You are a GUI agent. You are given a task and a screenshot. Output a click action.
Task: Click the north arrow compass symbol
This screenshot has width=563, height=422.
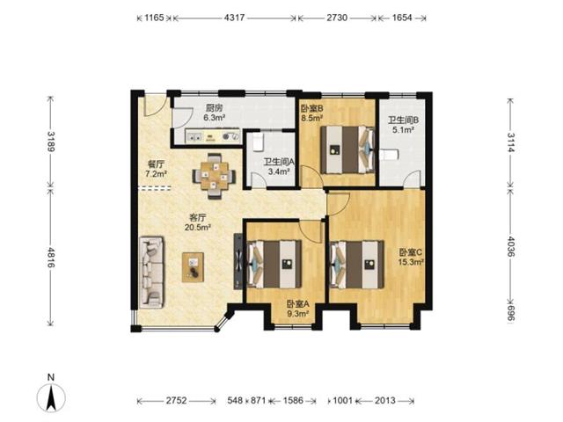[51, 397]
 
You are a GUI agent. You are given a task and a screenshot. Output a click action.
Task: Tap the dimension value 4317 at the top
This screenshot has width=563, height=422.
[234, 18]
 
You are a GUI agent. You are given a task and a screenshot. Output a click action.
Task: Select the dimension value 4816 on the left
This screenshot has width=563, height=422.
[51, 258]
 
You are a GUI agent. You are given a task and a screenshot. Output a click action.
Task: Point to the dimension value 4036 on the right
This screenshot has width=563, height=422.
[510, 246]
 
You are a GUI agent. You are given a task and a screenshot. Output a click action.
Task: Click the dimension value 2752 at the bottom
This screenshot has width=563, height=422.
[176, 401]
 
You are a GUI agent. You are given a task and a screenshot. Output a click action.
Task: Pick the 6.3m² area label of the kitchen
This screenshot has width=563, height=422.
[214, 117]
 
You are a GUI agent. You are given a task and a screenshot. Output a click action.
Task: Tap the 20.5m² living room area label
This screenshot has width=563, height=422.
[197, 227]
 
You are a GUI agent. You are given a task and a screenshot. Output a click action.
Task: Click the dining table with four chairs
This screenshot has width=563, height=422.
[215, 176]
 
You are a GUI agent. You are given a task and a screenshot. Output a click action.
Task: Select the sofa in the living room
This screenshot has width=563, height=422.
[152, 272]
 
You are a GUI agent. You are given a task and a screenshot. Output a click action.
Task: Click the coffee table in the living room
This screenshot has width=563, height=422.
[194, 267]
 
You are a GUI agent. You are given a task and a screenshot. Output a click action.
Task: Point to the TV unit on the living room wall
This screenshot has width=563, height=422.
[238, 261]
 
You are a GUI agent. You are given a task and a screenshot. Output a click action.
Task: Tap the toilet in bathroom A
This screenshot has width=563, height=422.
[258, 142]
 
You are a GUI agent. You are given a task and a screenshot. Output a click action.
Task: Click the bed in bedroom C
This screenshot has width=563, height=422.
[357, 265]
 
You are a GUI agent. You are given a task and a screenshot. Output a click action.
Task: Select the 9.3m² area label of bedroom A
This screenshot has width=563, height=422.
[298, 314]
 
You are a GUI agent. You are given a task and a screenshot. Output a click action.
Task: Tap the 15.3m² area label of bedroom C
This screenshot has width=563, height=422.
[411, 262]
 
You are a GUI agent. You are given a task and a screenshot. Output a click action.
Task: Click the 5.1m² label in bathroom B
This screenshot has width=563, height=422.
[403, 130]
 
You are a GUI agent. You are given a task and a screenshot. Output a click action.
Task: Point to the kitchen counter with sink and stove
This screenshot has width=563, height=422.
[213, 136]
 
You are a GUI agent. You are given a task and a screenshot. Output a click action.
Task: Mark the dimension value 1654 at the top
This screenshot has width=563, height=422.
[402, 18]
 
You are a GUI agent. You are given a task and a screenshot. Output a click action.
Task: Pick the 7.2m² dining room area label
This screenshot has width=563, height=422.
[156, 174]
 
